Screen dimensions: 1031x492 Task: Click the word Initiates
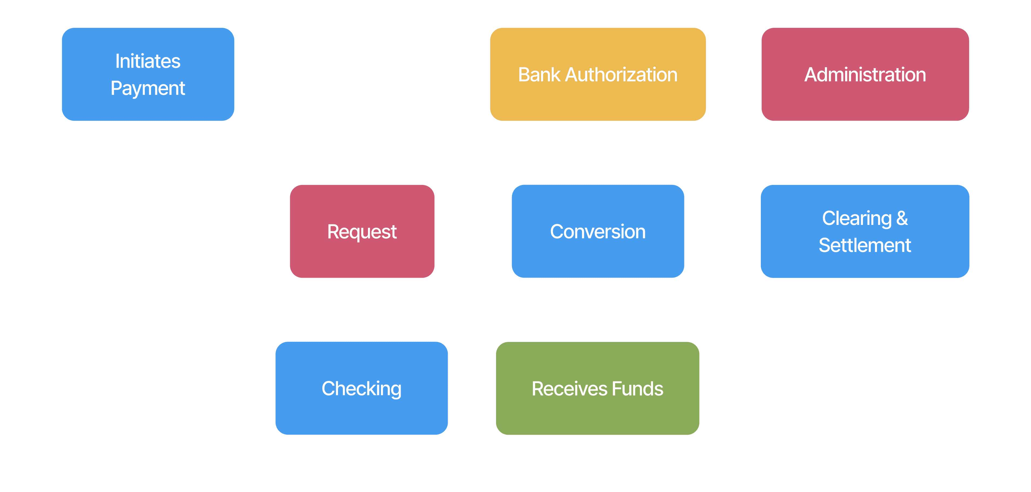148,61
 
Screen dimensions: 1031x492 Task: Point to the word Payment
148,88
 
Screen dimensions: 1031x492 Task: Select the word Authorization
621,75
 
